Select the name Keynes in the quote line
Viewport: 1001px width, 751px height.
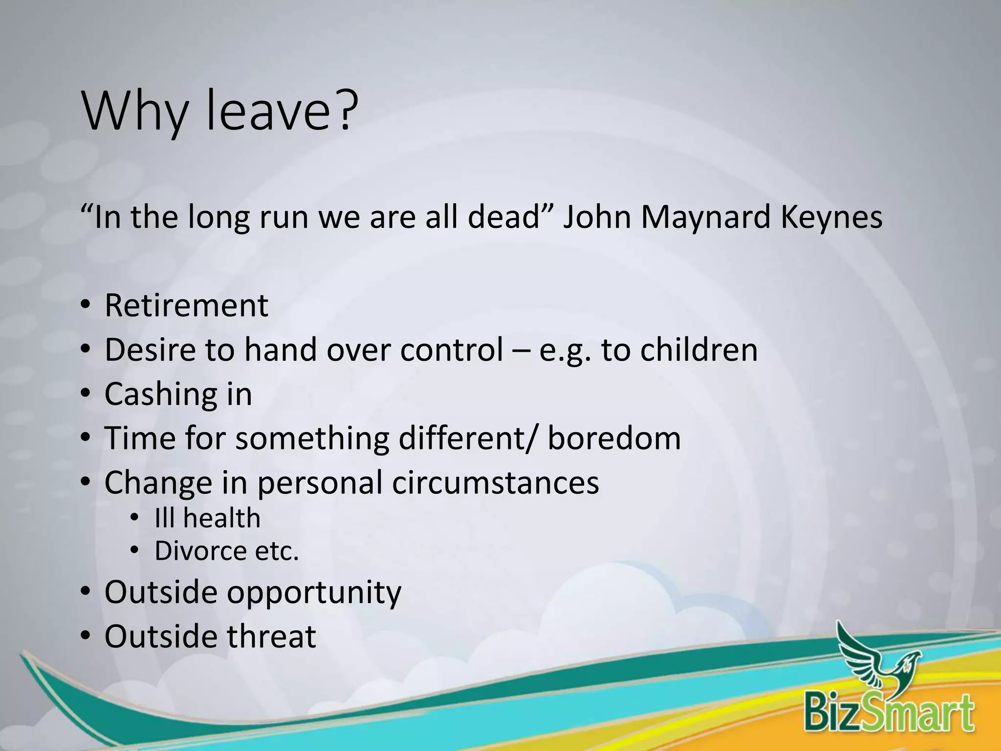click(831, 218)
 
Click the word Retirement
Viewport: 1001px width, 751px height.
click(186, 306)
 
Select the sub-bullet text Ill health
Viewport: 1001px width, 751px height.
click(207, 518)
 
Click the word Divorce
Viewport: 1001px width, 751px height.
click(200, 551)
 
